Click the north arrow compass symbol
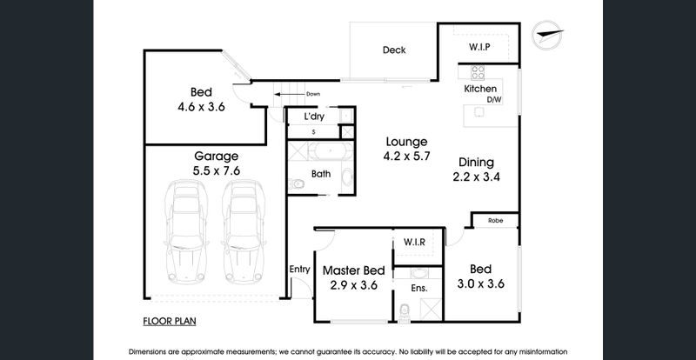(x=547, y=35)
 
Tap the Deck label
(x=394, y=50)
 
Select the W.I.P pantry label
(x=479, y=47)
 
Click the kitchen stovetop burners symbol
(x=478, y=72)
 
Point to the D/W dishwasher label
(x=494, y=100)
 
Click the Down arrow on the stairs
(x=290, y=94)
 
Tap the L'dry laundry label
(x=314, y=117)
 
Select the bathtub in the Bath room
(x=331, y=151)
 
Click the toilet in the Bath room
(x=297, y=183)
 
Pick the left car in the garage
(x=186, y=231)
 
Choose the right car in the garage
(x=244, y=231)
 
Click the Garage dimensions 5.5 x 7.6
(x=216, y=170)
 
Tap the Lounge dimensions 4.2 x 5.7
(x=406, y=157)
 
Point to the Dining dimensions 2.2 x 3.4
(x=476, y=177)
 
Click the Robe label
(x=495, y=220)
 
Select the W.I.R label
(x=415, y=243)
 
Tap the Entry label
(x=299, y=270)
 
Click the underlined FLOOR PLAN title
(x=170, y=322)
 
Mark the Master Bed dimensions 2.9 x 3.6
(x=354, y=285)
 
